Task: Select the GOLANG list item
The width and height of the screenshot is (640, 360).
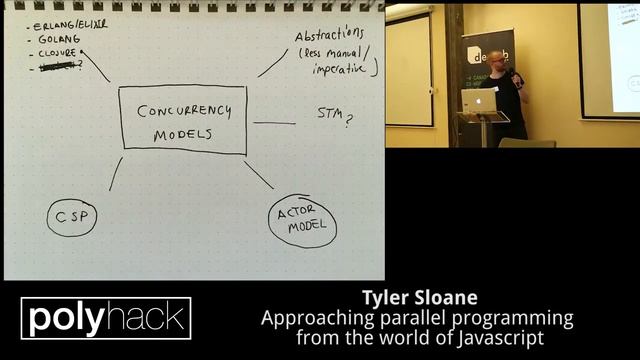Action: pos(56,38)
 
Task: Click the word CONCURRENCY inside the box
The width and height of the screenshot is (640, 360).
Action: pos(182,110)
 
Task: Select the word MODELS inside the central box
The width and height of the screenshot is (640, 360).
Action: pos(181,135)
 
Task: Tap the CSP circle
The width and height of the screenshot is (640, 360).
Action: pos(71,217)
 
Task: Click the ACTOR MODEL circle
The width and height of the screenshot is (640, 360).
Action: pos(302,222)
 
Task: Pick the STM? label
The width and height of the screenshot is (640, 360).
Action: pos(335,119)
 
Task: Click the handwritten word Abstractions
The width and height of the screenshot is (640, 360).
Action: pos(329,37)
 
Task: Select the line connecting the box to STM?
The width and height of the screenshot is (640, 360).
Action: pos(274,123)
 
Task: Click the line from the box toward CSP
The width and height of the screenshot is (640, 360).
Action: pos(115,174)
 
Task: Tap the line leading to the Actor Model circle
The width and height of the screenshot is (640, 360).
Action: pos(258,175)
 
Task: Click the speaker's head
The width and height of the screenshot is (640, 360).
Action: pos(497,60)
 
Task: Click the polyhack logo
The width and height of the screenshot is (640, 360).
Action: pos(106,319)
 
